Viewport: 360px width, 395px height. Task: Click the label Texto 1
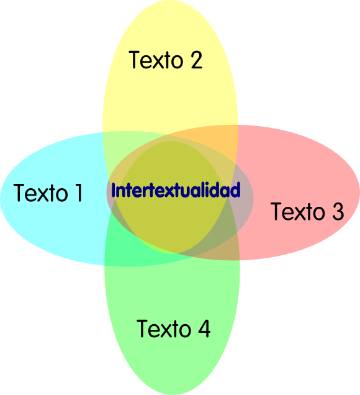[x=48, y=193]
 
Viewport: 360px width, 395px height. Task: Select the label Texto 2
[x=165, y=60]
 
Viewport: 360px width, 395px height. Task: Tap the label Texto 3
[x=307, y=211]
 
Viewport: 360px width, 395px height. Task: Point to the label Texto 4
[x=173, y=329]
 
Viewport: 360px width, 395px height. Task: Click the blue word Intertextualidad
[x=176, y=190]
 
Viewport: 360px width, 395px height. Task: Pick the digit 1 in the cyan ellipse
[x=79, y=193]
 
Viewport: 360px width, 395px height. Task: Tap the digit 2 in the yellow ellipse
[x=197, y=60]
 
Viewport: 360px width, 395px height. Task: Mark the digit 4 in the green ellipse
[x=204, y=329]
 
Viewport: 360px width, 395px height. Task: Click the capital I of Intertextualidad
[x=114, y=190]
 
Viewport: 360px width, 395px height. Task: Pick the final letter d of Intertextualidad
[x=236, y=190]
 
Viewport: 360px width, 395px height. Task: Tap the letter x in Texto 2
[x=159, y=62]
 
